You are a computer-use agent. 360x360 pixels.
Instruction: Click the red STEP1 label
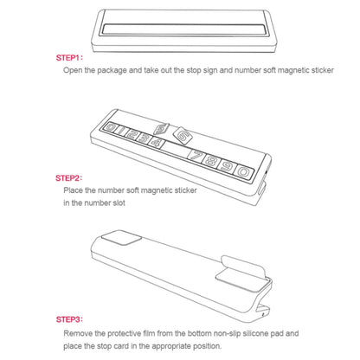[69, 58]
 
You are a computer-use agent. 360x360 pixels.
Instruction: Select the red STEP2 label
[68, 178]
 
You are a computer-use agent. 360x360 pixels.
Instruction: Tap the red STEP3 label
[69, 319]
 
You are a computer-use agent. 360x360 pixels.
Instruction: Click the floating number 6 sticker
[182, 135]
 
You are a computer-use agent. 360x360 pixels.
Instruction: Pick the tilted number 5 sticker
[161, 129]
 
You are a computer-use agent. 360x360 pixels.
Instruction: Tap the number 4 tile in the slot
[156, 142]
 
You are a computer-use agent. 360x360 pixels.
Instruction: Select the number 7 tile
[196, 156]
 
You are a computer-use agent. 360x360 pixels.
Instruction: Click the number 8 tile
[210, 161]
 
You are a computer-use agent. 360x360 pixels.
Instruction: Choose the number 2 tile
[132, 134]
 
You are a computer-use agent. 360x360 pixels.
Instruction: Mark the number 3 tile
[144, 138]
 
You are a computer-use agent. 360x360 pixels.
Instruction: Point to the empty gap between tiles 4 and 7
[177, 149]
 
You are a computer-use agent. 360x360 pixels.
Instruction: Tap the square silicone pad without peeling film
[121, 238]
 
